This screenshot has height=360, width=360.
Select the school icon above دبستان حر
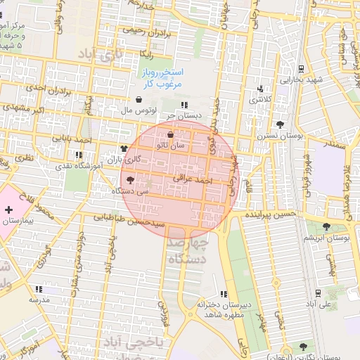point(184,105)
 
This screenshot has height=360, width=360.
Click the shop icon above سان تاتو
point(171,135)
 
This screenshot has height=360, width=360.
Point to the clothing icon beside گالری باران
point(124,148)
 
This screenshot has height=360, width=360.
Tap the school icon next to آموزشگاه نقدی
point(77,155)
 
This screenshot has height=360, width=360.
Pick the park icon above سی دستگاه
point(131,181)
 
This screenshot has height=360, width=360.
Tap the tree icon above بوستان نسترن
point(281,124)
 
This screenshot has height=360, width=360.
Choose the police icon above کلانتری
point(261,89)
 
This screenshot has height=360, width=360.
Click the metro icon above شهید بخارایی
point(301,69)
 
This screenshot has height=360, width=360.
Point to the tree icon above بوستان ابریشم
point(326,226)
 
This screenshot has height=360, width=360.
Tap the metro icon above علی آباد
point(318,292)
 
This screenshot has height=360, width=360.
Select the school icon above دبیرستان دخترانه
point(224,294)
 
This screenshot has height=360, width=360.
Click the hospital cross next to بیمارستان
point(8,210)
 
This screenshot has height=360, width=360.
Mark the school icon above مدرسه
point(39,288)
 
